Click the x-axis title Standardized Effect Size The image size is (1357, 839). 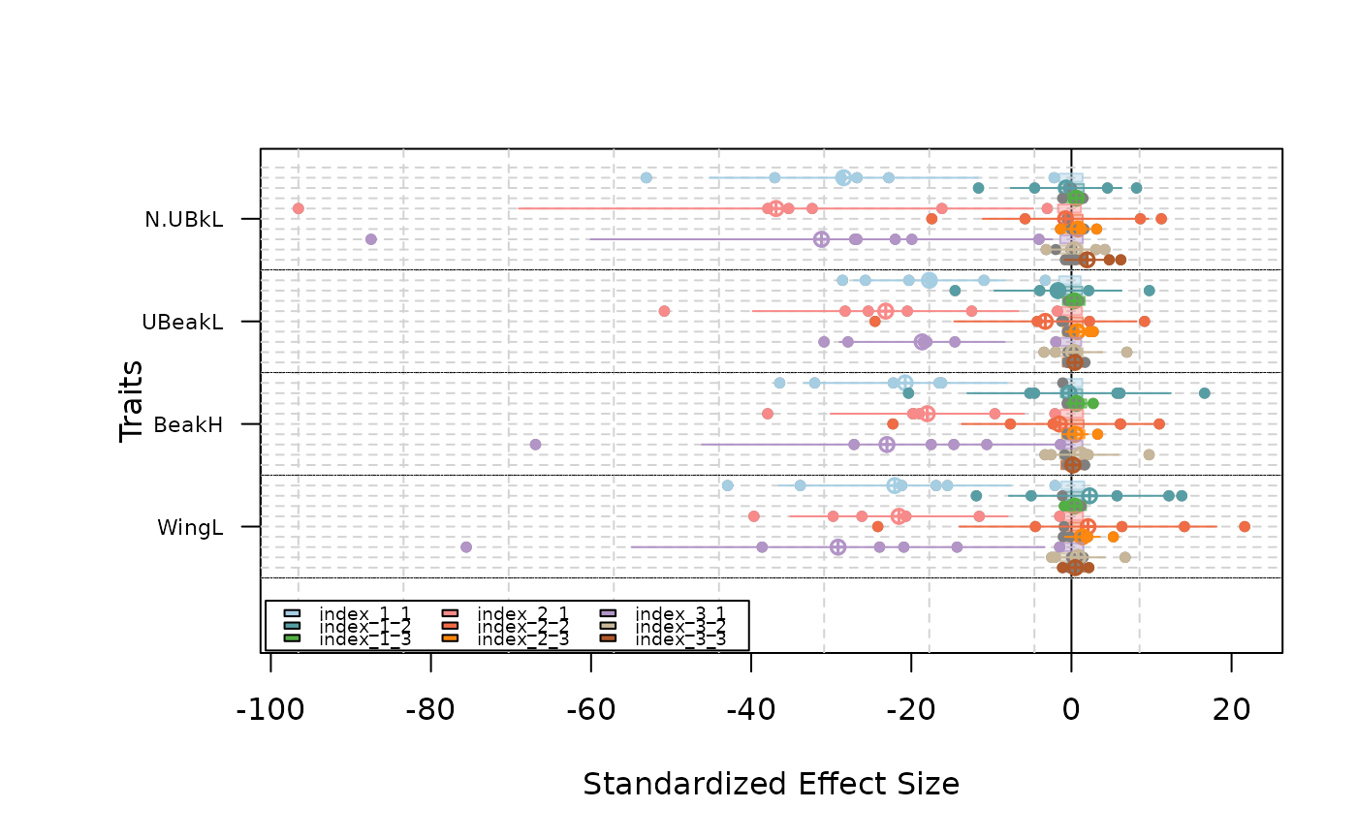(771, 784)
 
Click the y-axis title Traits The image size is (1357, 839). (132, 401)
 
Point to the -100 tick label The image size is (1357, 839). (269, 709)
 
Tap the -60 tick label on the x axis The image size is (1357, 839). (590, 709)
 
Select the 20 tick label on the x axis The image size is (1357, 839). (1231, 709)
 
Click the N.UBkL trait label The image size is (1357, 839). (184, 219)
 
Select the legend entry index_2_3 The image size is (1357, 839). (513, 638)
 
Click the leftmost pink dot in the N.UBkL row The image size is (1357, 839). (299, 208)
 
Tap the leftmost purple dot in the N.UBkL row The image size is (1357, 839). (370, 239)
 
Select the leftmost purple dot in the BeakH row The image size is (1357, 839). (535, 445)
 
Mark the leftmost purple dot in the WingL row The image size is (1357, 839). (466, 547)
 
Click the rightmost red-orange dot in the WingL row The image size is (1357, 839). (1245, 526)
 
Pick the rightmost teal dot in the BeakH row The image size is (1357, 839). (1204, 393)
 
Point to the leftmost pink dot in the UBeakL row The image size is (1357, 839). (664, 311)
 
